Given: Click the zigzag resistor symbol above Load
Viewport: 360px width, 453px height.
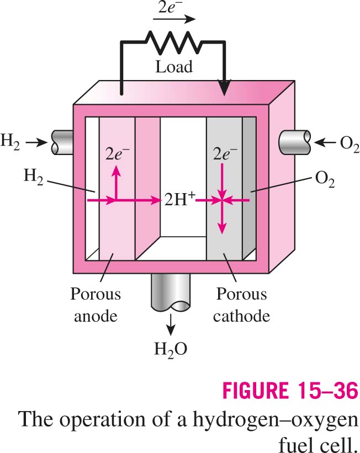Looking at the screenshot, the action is pyautogui.click(x=173, y=42).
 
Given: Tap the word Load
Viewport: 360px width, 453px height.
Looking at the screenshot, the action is pyautogui.click(x=174, y=67).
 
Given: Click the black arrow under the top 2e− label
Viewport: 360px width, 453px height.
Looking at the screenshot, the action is pyautogui.click(x=174, y=19).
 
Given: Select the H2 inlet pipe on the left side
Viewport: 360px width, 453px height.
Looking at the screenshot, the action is pyautogui.click(x=62, y=142).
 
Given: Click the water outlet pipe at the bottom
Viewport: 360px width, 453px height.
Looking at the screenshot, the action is pyautogui.click(x=171, y=292).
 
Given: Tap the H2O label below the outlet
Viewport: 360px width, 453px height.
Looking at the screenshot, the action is pyautogui.click(x=171, y=349).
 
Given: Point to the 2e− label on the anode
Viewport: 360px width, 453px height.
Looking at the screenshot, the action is pyautogui.click(x=118, y=154).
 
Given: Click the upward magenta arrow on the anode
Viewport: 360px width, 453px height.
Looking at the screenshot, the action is pyautogui.click(x=117, y=182).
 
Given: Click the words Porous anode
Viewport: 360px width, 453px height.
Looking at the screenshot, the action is pyautogui.click(x=96, y=305).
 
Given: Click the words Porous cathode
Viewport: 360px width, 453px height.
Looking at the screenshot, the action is pyautogui.click(x=241, y=305).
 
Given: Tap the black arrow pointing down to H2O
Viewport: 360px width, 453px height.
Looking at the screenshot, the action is pyautogui.click(x=171, y=324).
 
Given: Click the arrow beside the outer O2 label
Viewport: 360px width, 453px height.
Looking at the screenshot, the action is pyautogui.click(x=325, y=142).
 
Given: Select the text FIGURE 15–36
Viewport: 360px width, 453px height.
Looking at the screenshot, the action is pyautogui.click(x=290, y=390).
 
